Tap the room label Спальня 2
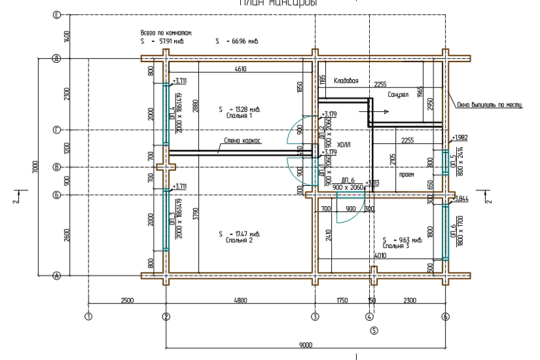tap(239, 240)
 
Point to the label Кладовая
tap(346, 81)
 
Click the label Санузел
tap(398, 94)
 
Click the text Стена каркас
tap(243, 140)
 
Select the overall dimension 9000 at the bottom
tap(306, 344)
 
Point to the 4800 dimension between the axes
tap(240, 300)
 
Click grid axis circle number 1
tap(88, 317)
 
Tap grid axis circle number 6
tap(446, 317)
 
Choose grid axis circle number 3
tap(315, 317)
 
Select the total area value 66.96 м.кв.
tap(238, 41)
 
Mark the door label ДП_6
tap(348, 180)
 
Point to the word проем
tap(407, 175)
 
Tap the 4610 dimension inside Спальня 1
tap(239, 69)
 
